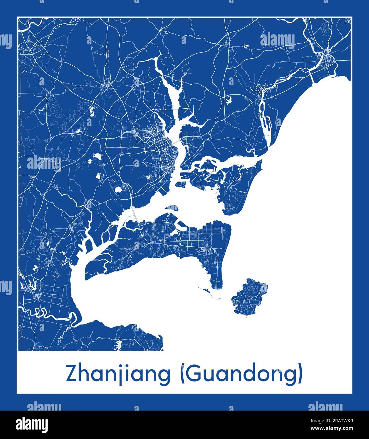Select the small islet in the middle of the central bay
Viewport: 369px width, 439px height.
172,208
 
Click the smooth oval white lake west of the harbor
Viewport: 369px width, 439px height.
118,190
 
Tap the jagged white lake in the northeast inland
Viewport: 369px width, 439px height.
228,100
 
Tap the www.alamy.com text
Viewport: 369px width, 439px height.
336,428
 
